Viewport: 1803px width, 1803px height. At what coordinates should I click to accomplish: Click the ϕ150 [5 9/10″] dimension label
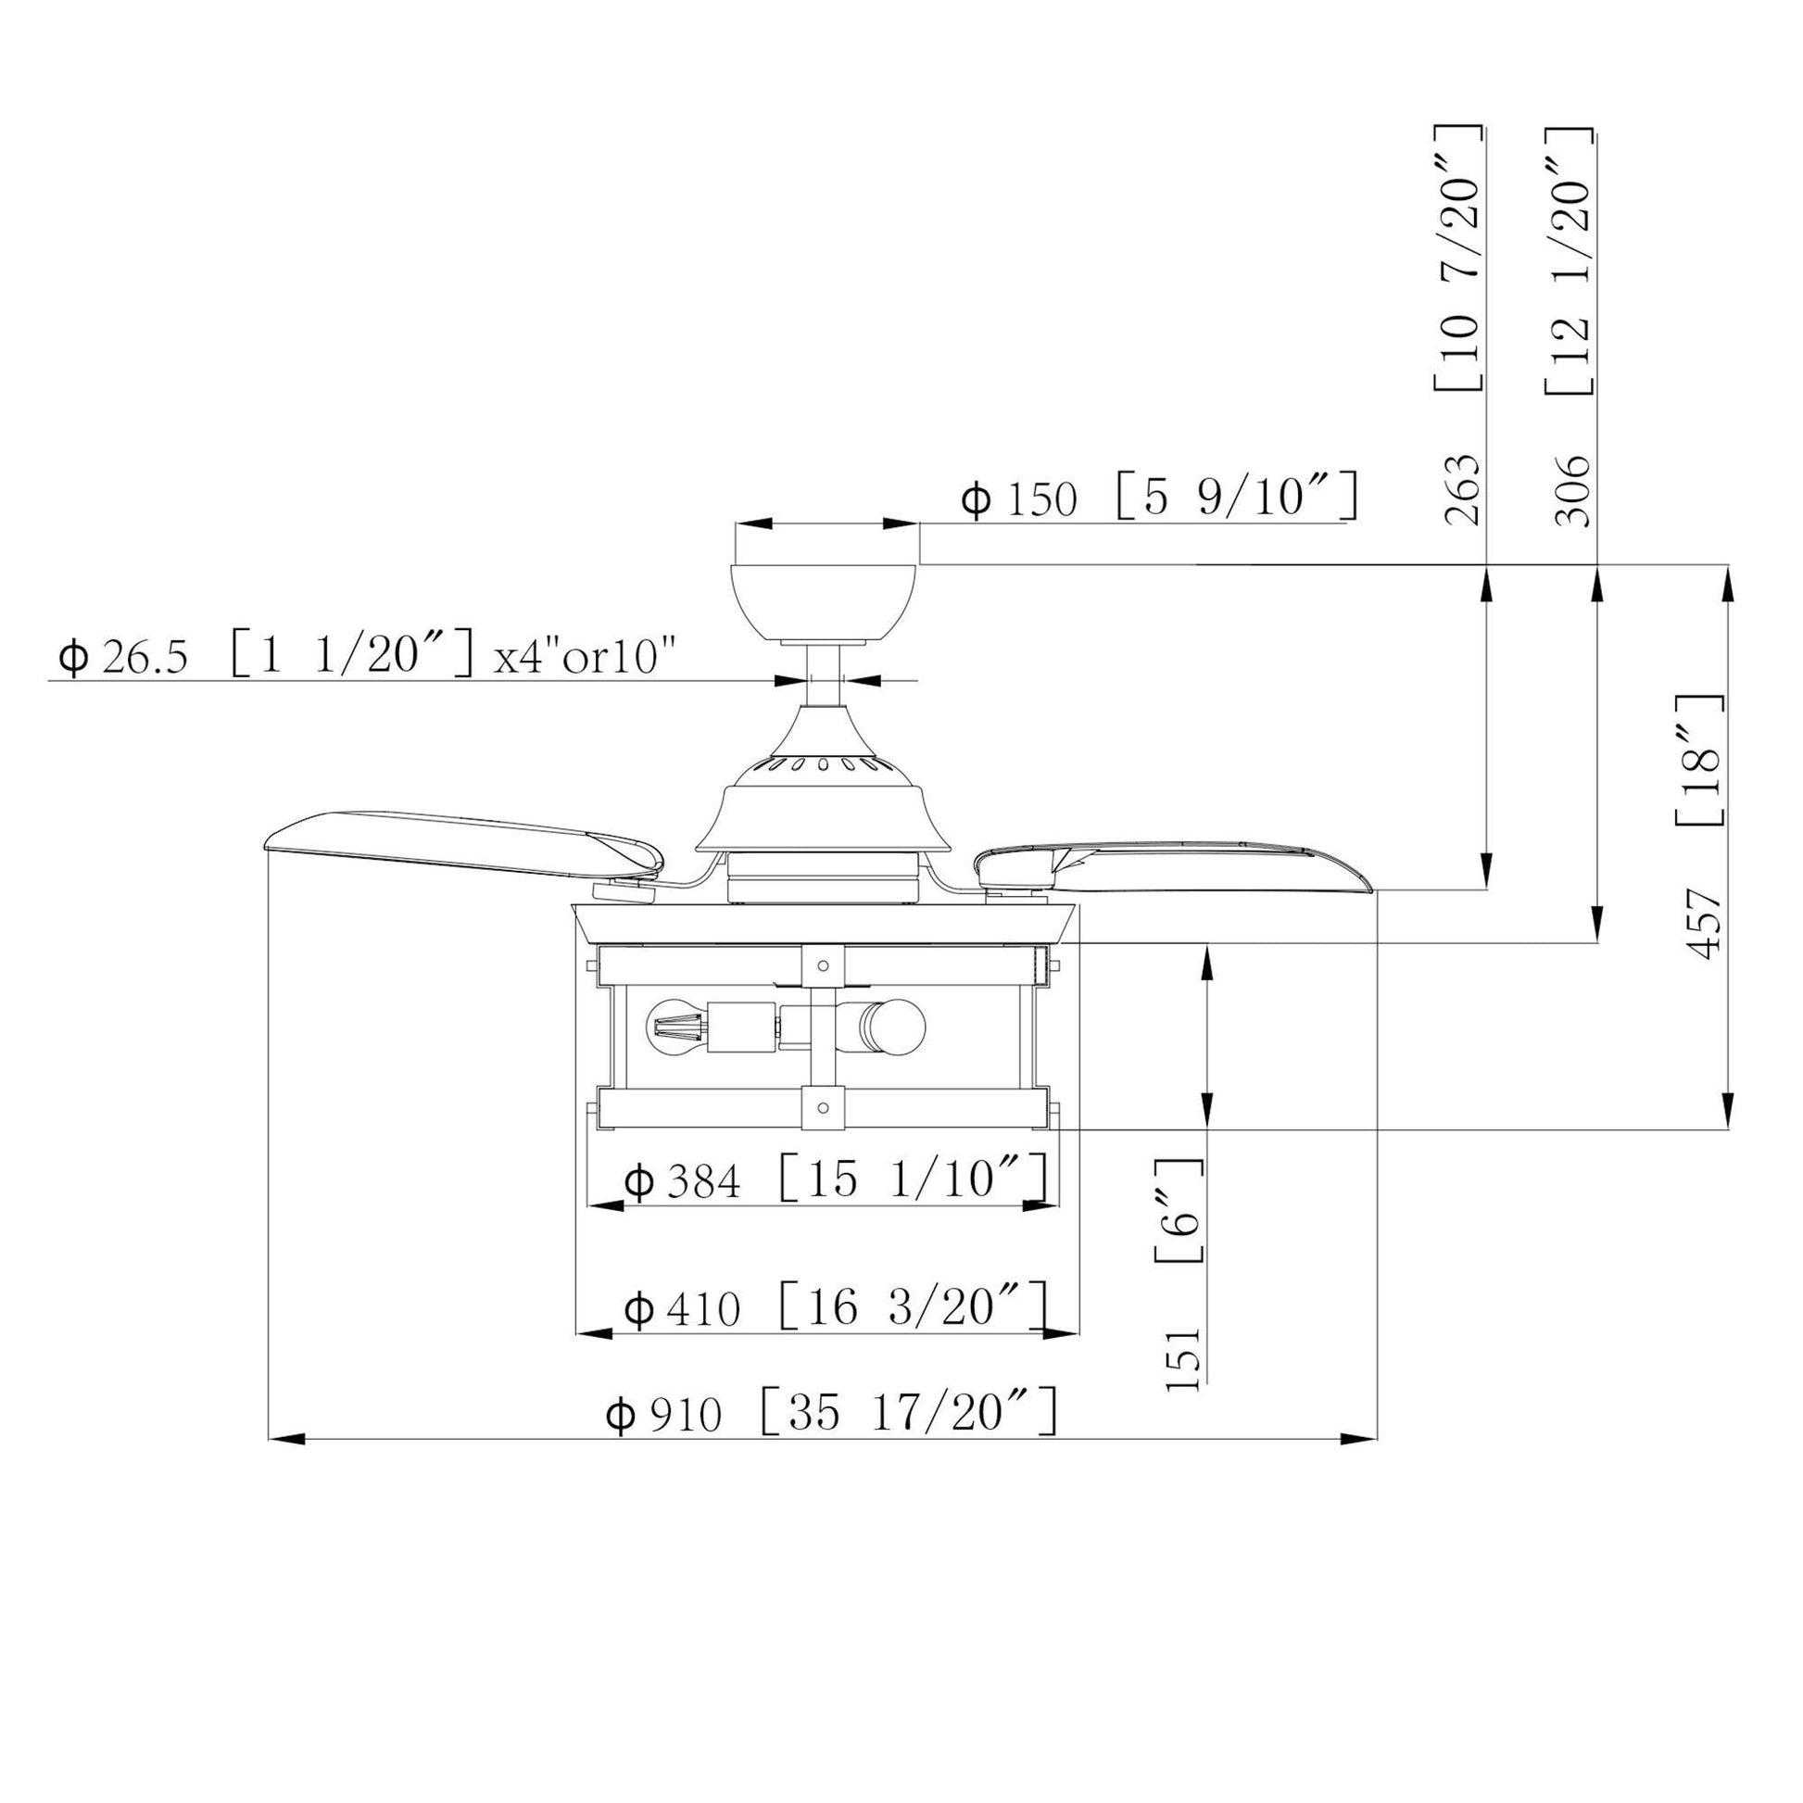(1159, 498)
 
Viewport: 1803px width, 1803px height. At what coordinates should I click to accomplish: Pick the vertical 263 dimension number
(1461, 491)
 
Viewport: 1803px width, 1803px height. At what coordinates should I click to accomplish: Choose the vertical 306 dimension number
(1572, 491)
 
